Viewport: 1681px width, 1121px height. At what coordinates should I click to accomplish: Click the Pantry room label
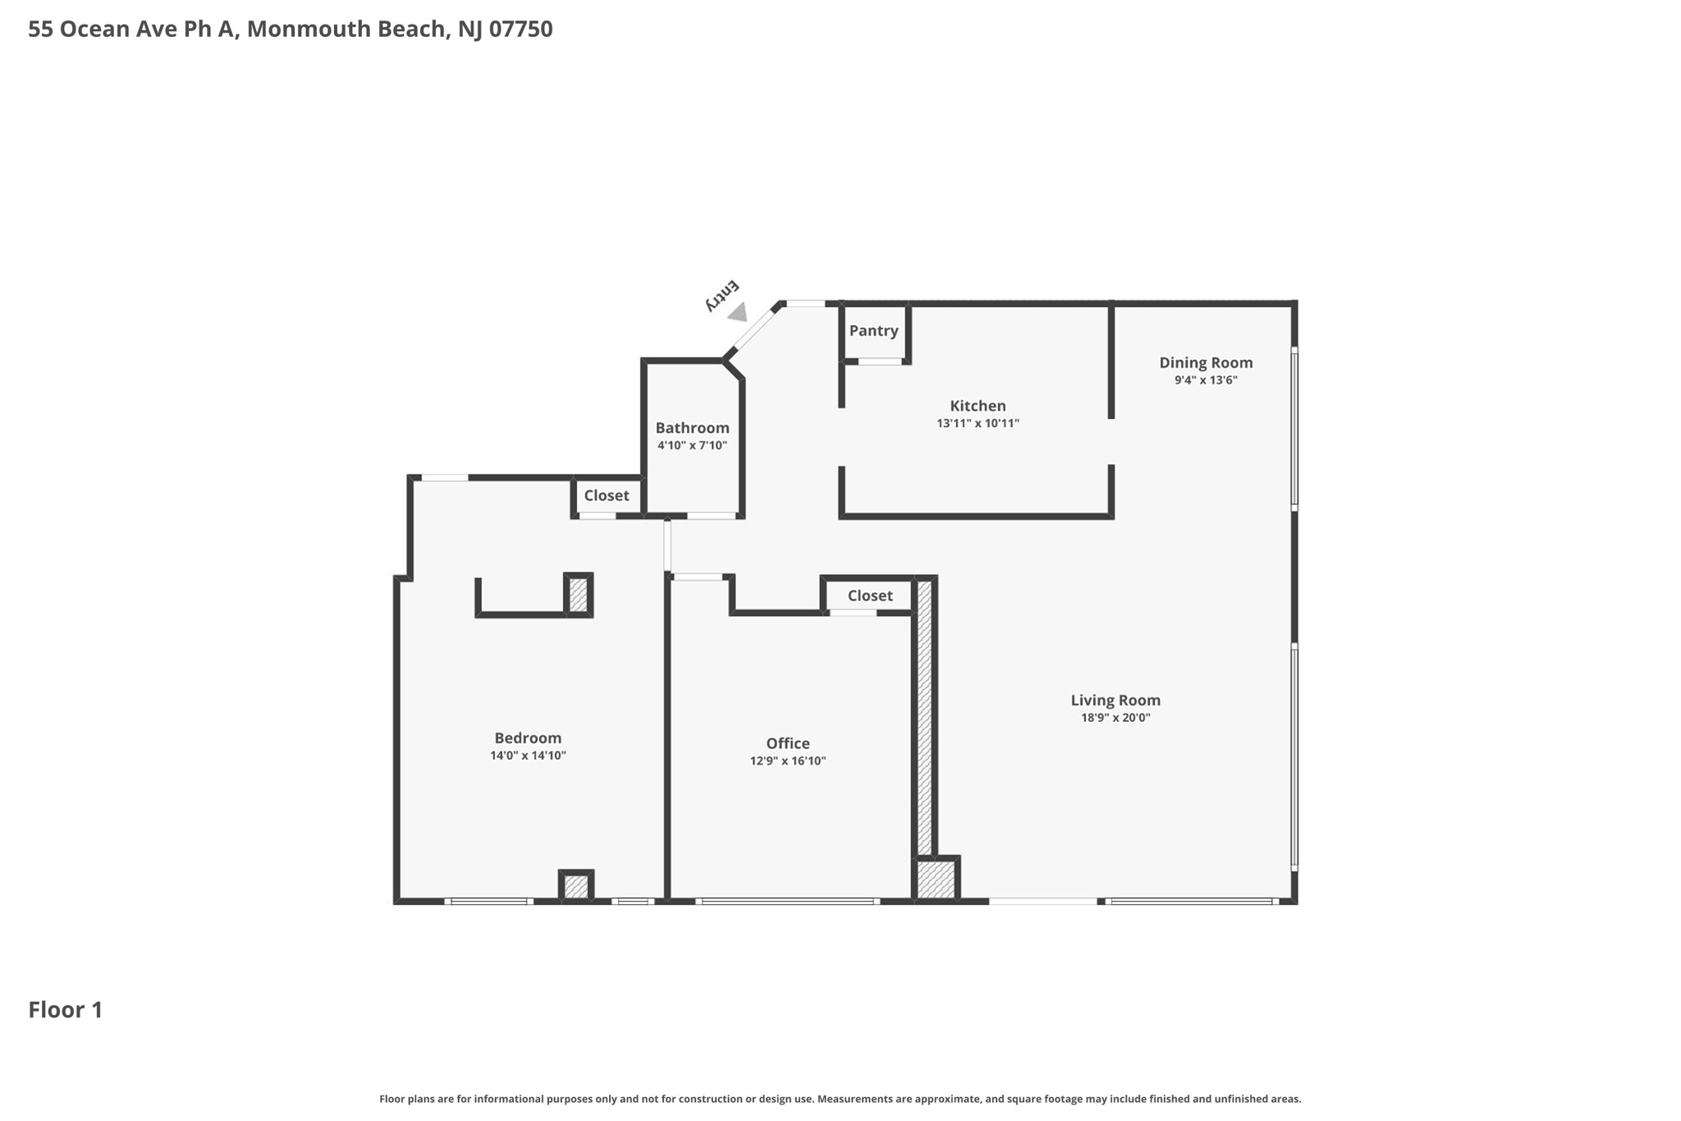(x=873, y=330)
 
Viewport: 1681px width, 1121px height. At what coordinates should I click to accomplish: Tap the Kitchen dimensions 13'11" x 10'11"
(x=978, y=424)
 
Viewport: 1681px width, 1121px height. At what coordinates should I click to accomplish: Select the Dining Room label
(x=1205, y=362)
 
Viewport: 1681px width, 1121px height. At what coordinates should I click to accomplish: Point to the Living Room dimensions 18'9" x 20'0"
(x=1115, y=718)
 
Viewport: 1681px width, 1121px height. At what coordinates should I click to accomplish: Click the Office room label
(x=787, y=743)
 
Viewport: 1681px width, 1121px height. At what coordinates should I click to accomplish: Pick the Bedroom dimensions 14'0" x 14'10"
(x=528, y=756)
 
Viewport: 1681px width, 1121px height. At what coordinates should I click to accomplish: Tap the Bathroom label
(x=692, y=428)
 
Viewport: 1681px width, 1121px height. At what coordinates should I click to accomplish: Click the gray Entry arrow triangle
(x=739, y=312)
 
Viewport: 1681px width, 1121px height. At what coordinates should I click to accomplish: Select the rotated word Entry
(x=722, y=296)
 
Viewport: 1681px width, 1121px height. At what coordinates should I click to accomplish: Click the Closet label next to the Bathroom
(x=606, y=495)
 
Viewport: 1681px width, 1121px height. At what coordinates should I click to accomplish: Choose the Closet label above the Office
(x=869, y=595)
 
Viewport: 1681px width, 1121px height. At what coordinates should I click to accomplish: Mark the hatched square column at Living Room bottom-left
(x=936, y=879)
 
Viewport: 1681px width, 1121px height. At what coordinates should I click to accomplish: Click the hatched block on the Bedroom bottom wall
(x=576, y=887)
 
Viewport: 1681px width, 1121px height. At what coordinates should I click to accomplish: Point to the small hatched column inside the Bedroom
(x=578, y=595)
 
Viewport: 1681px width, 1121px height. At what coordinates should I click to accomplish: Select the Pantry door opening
(x=880, y=361)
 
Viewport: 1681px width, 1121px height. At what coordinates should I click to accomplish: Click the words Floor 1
(x=66, y=1009)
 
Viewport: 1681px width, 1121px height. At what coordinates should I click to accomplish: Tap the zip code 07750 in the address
(x=520, y=29)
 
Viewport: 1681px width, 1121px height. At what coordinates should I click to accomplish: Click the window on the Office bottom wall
(x=787, y=901)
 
